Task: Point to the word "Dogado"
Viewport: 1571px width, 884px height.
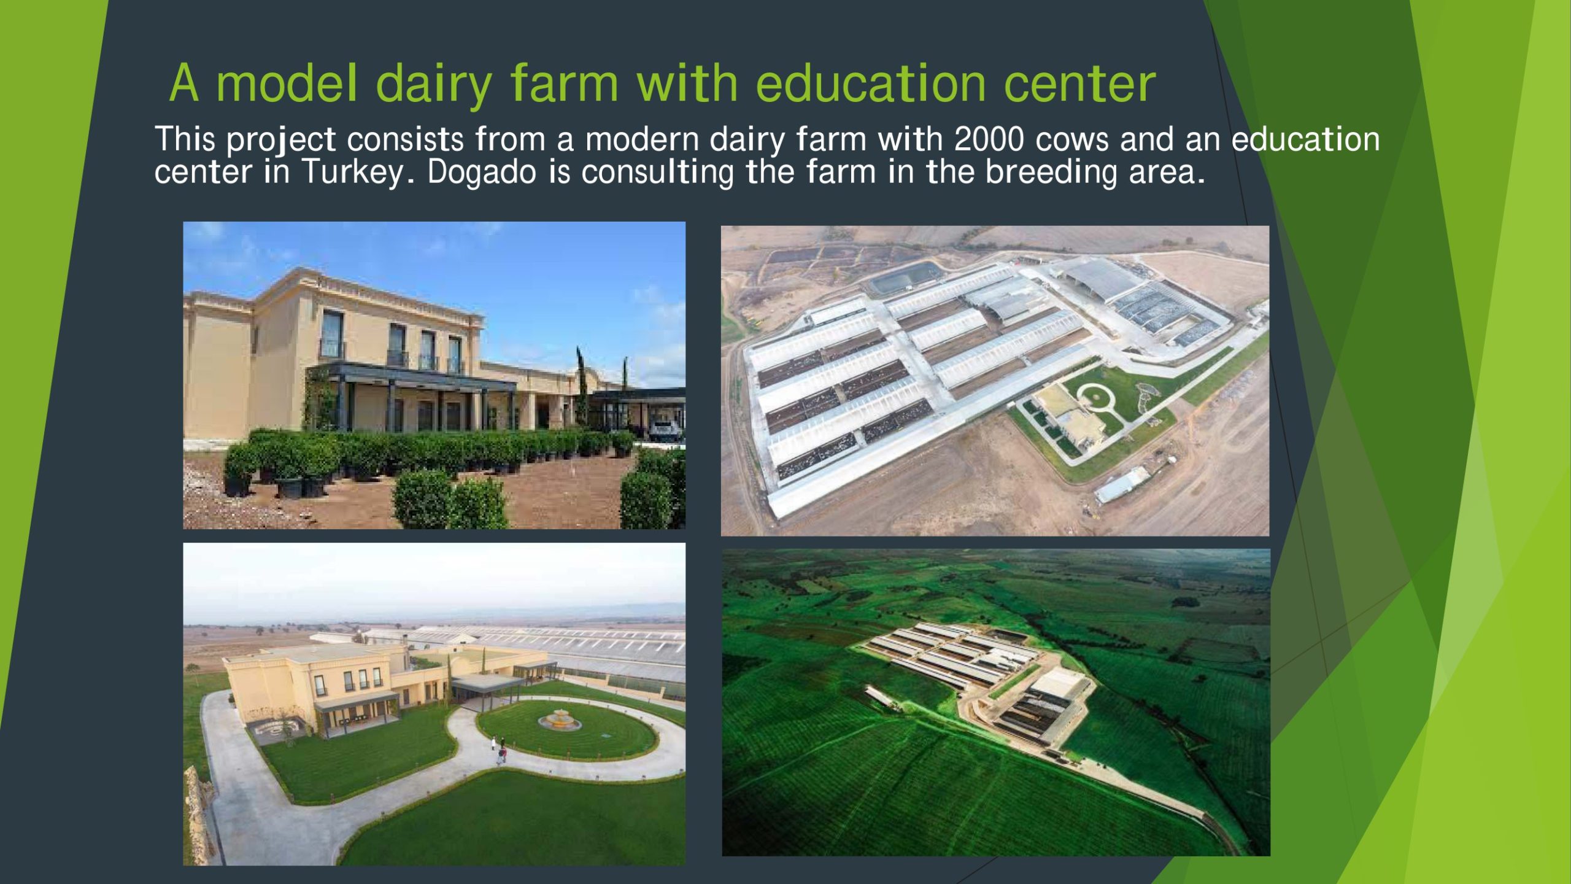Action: pyautogui.click(x=482, y=172)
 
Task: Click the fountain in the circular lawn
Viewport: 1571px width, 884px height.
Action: pyautogui.click(x=559, y=720)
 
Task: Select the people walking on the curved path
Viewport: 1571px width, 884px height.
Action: pyautogui.click(x=500, y=750)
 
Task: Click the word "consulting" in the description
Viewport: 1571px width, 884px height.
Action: pyautogui.click(x=657, y=173)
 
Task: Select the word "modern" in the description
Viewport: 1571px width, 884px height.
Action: pyautogui.click(x=642, y=139)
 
